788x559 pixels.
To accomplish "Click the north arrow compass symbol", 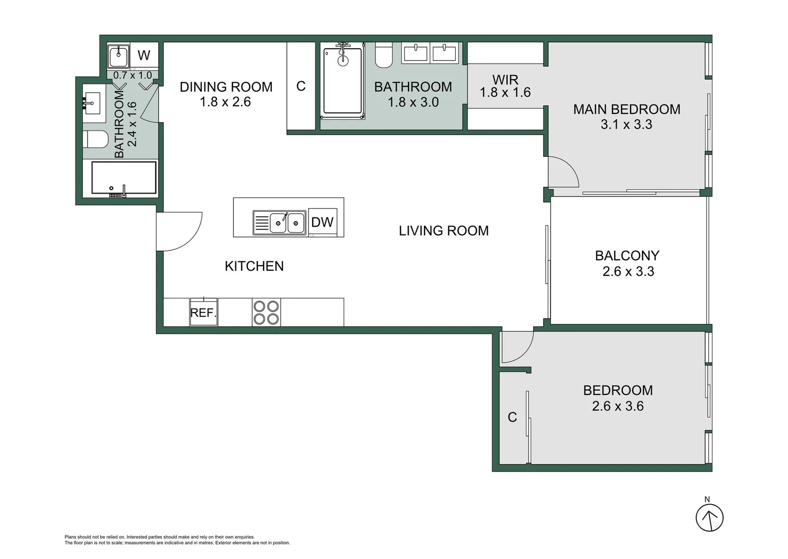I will point(709,517).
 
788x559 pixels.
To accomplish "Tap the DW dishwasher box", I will point(322,222).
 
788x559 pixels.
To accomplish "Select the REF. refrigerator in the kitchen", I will point(203,312).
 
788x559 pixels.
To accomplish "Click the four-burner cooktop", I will point(266,312).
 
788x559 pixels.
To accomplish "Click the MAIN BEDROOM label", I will point(626,109).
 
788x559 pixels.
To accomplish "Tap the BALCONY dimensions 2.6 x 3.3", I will point(628,271).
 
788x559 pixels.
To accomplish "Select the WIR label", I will point(505,80).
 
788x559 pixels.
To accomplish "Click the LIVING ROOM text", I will point(444,231).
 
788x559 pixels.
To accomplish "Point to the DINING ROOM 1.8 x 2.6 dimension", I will point(225,102).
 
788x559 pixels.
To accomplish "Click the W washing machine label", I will point(144,55).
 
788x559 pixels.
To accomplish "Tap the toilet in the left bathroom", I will point(96,139).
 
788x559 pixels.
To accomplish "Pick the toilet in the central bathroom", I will point(384,56).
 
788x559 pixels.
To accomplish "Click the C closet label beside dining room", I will point(301,86).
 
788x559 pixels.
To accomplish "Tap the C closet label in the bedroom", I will point(512,417).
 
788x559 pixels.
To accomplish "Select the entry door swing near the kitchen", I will point(179,231).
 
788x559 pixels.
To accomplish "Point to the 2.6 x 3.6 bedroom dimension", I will point(618,406).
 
